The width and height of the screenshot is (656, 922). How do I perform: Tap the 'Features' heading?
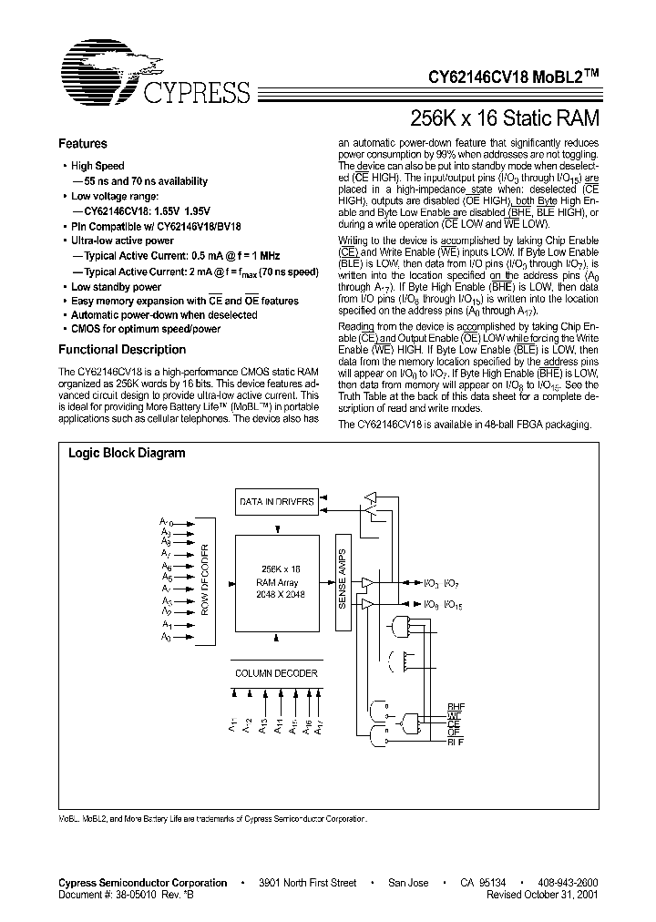[x=83, y=144]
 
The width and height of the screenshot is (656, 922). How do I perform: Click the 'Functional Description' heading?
[x=122, y=350]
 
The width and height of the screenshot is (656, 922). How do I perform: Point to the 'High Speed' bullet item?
[x=97, y=166]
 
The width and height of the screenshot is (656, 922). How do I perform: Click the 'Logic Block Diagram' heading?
[x=127, y=453]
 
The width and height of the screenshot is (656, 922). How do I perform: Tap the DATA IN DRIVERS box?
[x=276, y=502]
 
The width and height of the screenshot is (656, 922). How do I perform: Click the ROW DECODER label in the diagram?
[x=206, y=579]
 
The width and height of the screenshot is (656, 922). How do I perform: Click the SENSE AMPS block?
[x=343, y=579]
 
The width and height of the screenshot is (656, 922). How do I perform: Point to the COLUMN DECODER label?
[x=276, y=673]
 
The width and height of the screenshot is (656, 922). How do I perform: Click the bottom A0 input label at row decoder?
[x=166, y=638]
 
